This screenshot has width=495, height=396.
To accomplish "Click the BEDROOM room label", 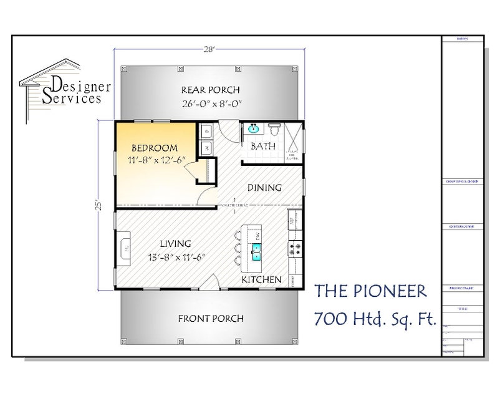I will (x=154, y=148).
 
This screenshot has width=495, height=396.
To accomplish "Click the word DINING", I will (x=264, y=187).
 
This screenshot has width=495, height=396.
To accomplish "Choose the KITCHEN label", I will (x=261, y=279).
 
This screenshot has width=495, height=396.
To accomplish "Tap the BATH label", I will (x=261, y=147).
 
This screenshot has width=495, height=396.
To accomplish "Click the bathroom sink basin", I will (x=254, y=130).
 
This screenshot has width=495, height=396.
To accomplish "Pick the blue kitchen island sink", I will (x=256, y=252).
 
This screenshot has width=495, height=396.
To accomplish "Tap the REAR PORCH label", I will (x=209, y=89).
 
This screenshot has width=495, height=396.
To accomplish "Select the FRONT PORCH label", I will (x=210, y=318).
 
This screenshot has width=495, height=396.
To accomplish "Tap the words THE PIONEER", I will (x=371, y=291).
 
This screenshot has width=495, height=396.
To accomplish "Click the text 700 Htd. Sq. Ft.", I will (x=375, y=319).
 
